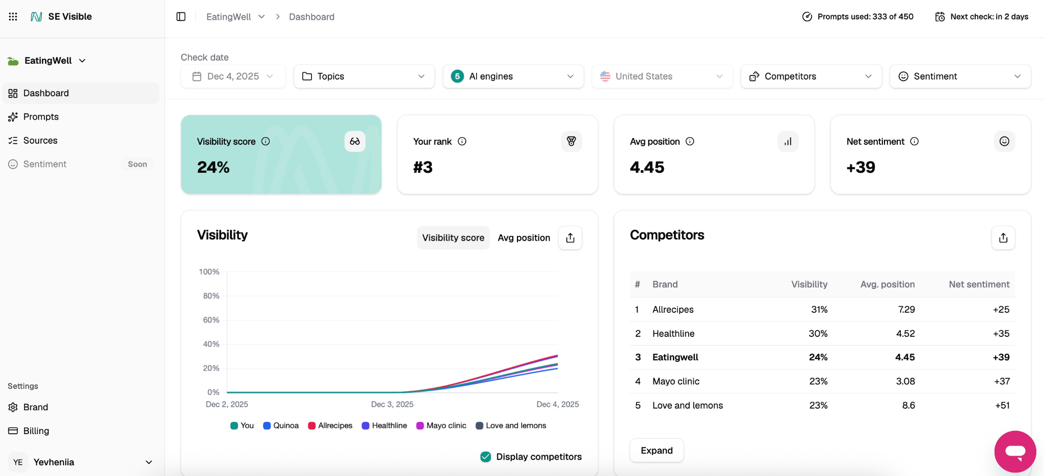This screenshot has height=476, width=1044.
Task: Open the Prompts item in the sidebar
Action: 41,117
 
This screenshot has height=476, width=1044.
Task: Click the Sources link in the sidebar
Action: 40,141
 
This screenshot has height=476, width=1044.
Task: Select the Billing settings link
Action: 36,431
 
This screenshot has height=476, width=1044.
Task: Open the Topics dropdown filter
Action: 364,76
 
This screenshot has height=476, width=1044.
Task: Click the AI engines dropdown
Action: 513,76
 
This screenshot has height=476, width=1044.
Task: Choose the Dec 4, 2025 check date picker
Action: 233,76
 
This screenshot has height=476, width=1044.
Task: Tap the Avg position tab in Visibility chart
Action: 524,238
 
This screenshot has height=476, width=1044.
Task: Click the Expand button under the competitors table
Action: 657,451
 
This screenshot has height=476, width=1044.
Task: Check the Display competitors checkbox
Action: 486,457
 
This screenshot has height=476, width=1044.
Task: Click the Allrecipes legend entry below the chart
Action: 330,426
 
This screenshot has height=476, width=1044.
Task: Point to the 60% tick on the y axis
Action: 211,320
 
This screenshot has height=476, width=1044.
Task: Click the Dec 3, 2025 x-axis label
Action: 392,404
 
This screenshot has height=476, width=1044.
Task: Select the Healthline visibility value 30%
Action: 818,334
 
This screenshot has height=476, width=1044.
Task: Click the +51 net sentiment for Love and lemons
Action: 1002,406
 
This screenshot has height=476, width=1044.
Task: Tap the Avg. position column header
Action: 887,284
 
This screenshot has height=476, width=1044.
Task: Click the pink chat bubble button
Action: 1015,452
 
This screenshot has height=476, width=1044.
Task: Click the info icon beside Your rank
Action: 462,142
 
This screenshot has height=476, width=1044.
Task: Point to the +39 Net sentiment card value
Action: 860,167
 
